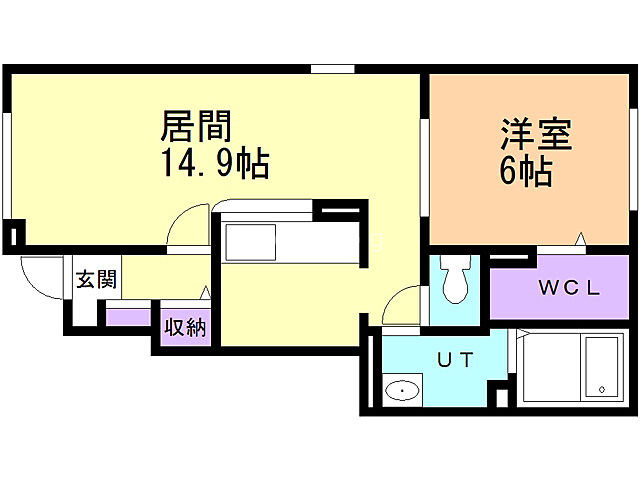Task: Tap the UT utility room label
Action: pos(453,358)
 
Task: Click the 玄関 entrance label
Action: pos(96,279)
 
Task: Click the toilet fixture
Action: pos(456,281)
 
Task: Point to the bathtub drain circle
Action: pos(603,387)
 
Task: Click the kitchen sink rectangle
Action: pos(249,242)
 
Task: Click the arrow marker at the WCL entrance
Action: pos(580,238)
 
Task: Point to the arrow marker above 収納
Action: pos(204,293)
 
